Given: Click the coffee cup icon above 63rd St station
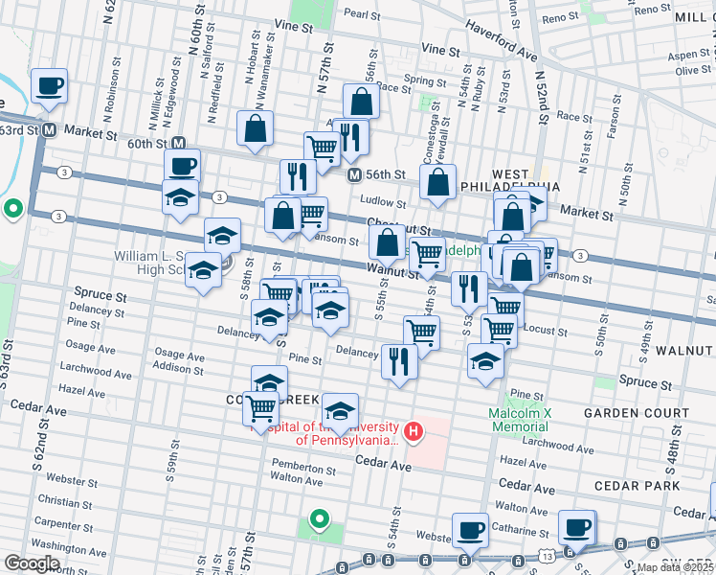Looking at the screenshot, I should click(49, 86).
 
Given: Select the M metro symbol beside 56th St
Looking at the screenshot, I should click(353, 175).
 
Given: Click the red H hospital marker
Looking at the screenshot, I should click(414, 432).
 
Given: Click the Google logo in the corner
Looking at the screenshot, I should click(32, 563).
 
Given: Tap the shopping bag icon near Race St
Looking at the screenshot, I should click(361, 101).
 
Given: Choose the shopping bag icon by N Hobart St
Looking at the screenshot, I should click(255, 128).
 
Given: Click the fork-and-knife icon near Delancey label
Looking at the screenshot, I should click(399, 361).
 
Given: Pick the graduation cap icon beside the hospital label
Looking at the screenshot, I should click(340, 410).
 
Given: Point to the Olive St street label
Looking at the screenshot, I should click(692, 70).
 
